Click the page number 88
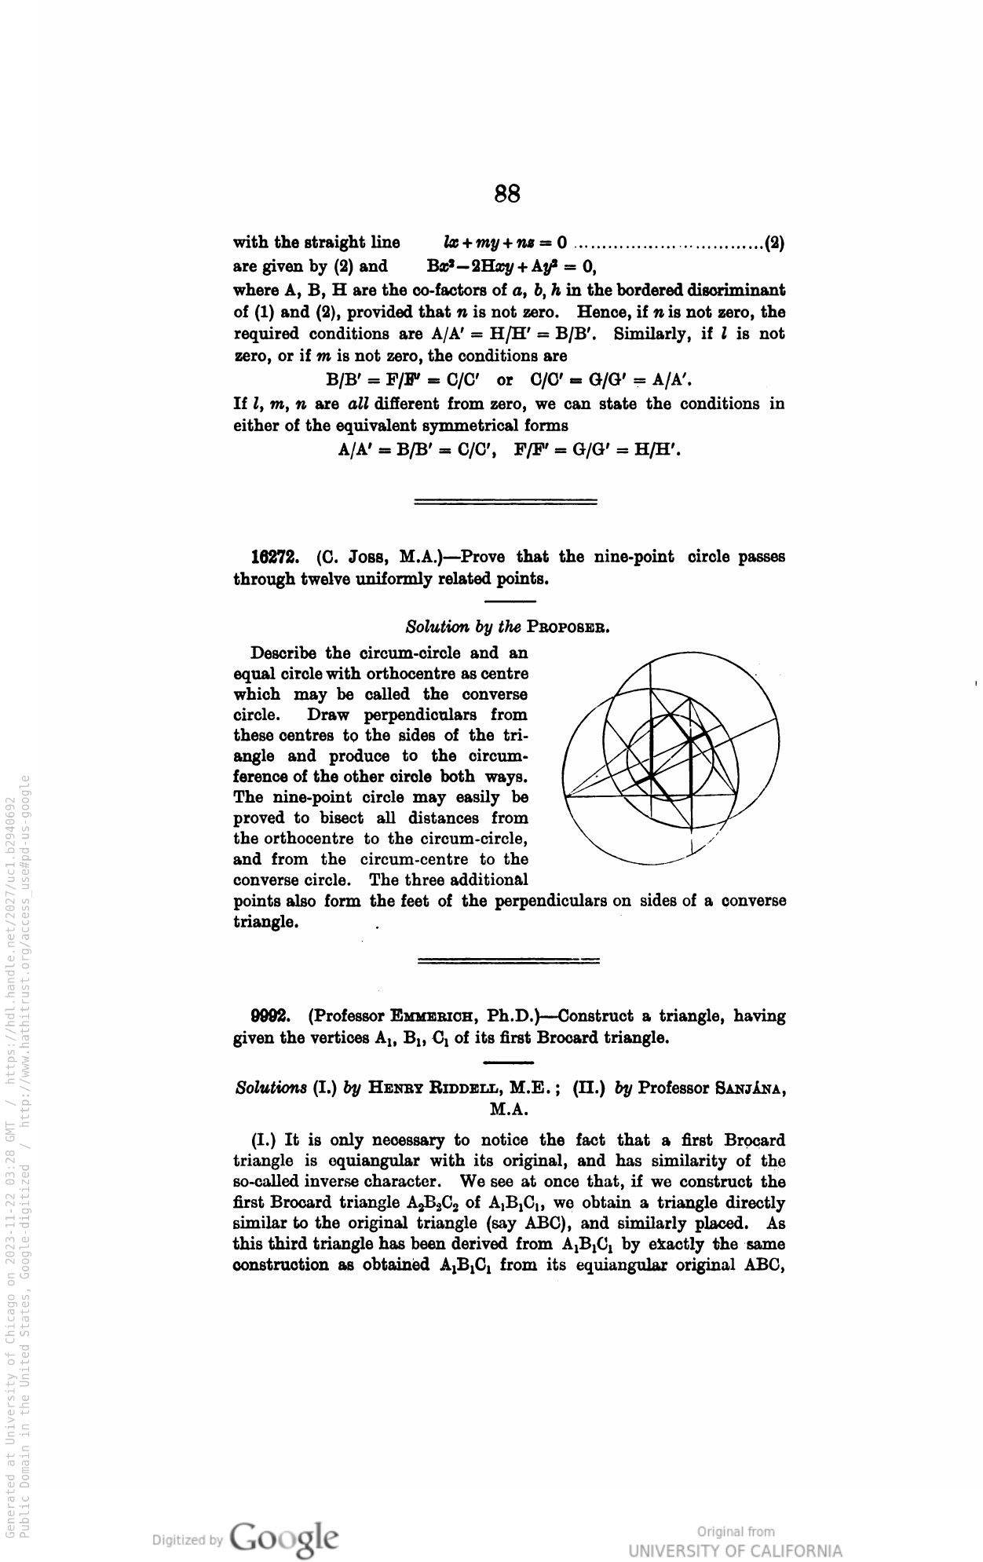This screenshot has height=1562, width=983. pos(508,193)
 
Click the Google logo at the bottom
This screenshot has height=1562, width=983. pos(286,1536)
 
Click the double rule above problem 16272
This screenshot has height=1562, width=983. pos(505,500)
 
